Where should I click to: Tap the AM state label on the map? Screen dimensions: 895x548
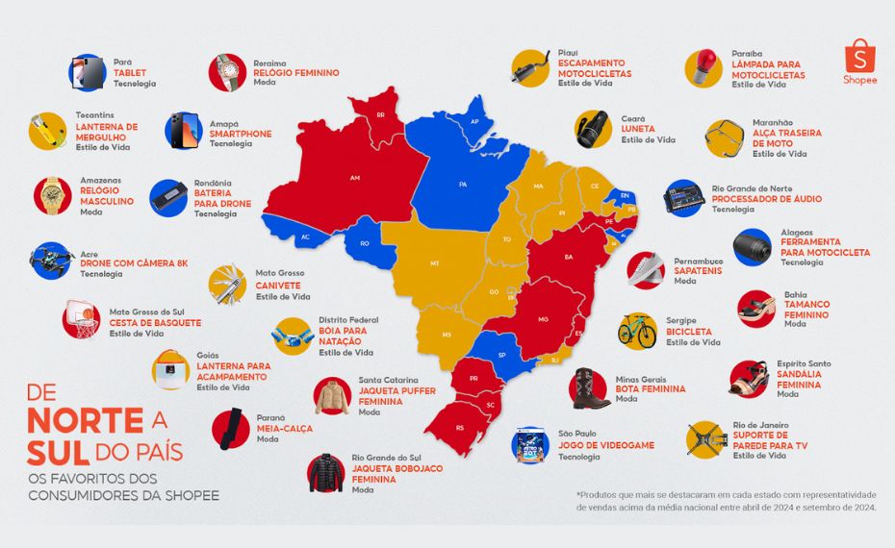[x=354, y=178]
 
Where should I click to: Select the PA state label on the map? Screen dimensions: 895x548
[x=462, y=183]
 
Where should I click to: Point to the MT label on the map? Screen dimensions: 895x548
[x=434, y=262]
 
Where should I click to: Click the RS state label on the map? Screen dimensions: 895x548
[x=459, y=427]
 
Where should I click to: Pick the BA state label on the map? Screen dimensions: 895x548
[x=568, y=257]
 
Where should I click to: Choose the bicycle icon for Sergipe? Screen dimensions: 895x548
[x=637, y=330]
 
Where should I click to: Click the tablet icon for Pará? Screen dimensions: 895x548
[x=86, y=73]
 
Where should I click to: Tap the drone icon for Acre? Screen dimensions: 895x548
[x=51, y=260]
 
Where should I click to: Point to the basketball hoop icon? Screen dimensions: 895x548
[x=81, y=319]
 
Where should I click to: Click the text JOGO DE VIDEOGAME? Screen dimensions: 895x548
[x=605, y=445]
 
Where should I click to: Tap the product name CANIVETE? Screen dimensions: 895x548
[x=278, y=286]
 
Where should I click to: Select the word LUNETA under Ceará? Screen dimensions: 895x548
[x=638, y=129]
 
